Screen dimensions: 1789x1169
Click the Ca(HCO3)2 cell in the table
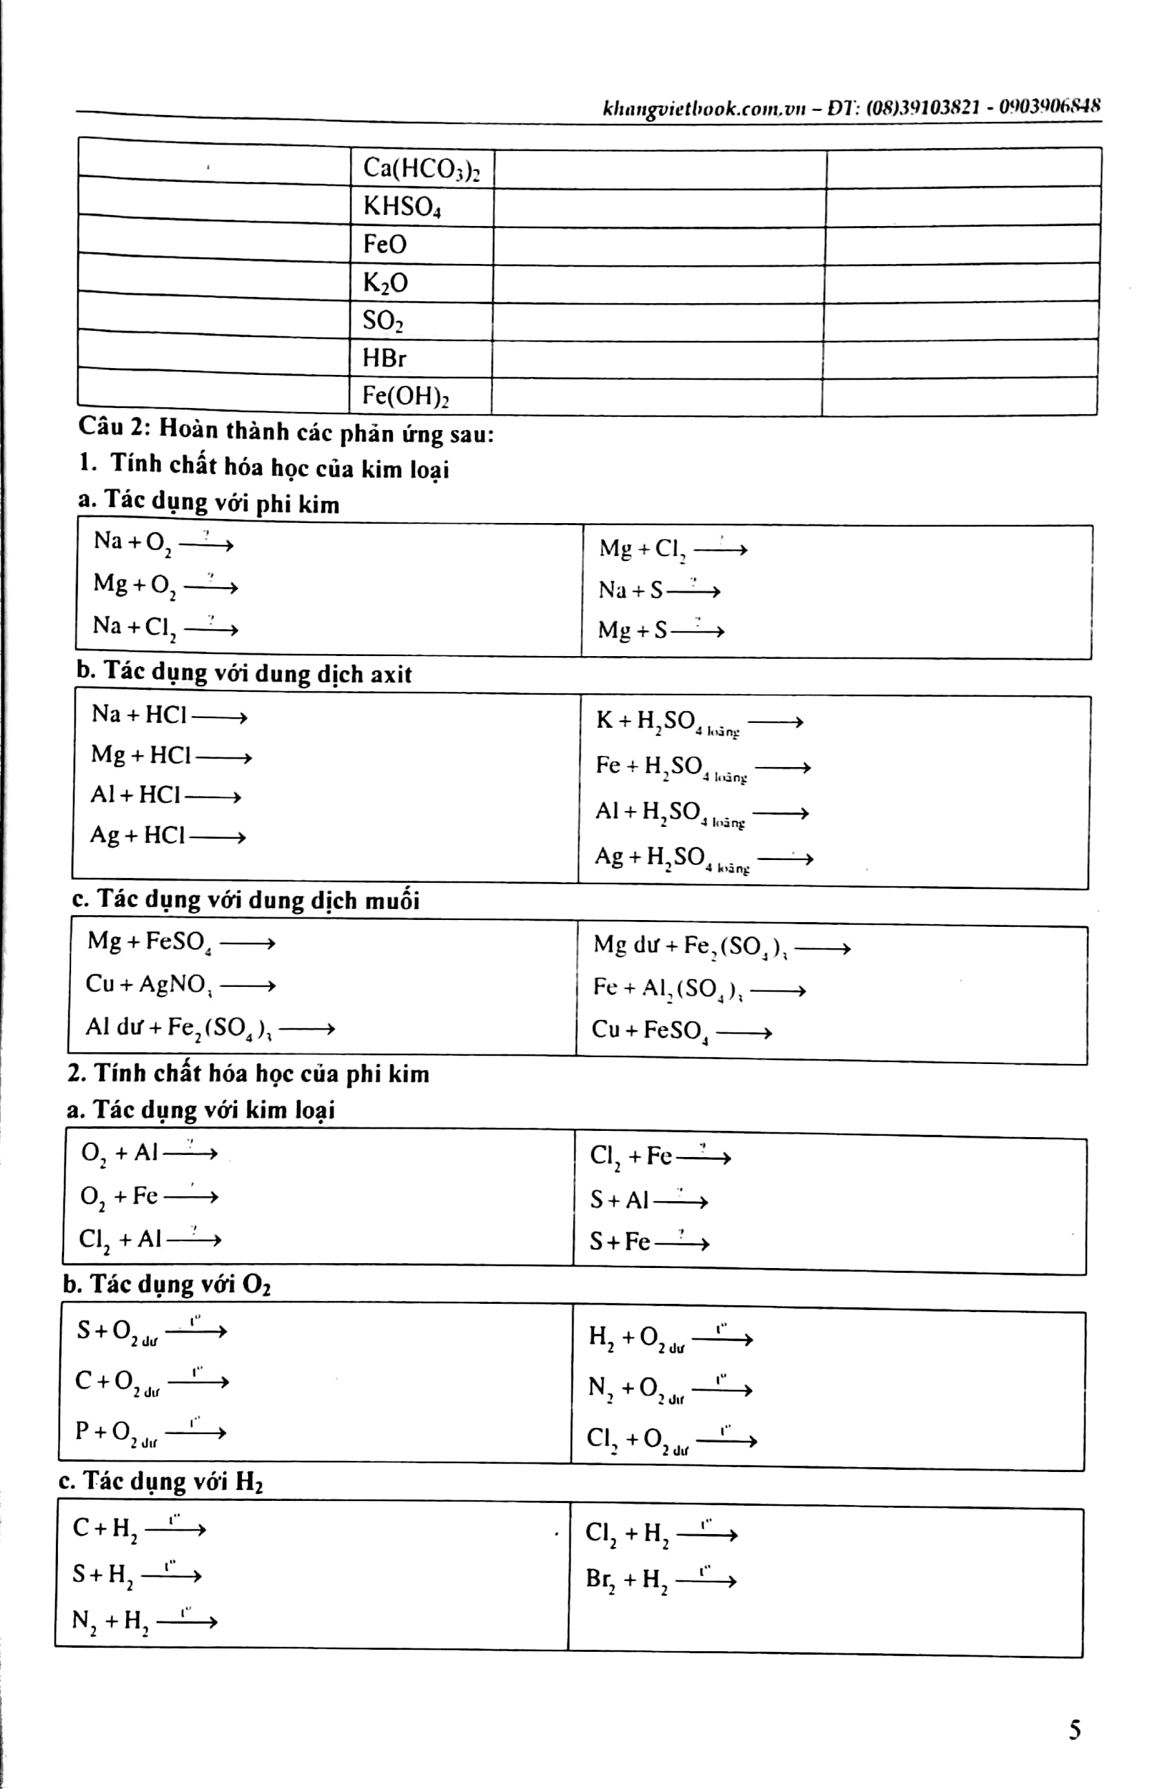click(x=421, y=168)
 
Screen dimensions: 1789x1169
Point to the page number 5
click(x=1075, y=1730)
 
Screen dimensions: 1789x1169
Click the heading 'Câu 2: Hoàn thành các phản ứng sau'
click(x=285, y=431)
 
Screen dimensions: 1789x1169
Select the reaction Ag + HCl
click(x=167, y=835)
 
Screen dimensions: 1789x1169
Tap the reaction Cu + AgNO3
click(x=181, y=985)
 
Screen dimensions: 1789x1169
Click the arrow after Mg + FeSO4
click(x=247, y=943)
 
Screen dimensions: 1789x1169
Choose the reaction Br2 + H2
click(x=660, y=1580)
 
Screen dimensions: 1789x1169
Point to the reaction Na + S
click(x=658, y=590)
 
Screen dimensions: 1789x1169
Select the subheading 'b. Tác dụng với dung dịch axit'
click(x=244, y=673)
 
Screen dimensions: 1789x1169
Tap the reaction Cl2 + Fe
click(x=660, y=1156)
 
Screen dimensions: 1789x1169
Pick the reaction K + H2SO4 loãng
click(x=699, y=722)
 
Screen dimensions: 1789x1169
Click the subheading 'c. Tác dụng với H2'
click(x=161, y=1481)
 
